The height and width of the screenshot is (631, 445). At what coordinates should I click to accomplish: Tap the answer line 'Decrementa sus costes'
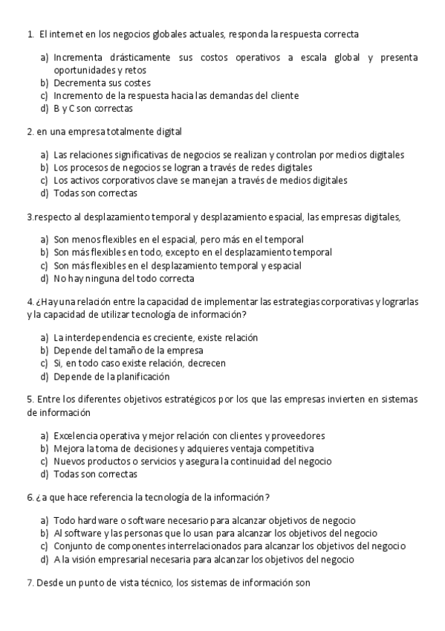[102, 83]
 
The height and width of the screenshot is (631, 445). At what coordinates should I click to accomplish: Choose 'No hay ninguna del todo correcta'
[123, 278]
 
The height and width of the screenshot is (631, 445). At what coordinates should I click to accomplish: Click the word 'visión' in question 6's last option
[81, 559]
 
